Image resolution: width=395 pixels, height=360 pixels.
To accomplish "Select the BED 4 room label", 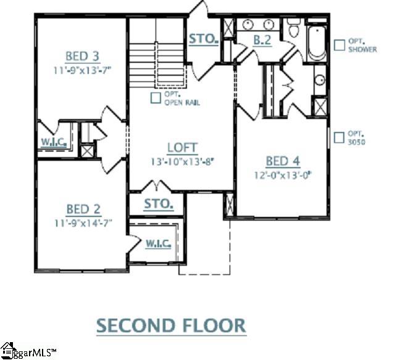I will point(283,162).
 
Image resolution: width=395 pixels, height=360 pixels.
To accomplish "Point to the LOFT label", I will point(182,148).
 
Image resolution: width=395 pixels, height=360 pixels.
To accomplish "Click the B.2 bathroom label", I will point(262,41).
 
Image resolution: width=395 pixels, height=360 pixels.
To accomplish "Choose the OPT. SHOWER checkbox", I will point(339,44).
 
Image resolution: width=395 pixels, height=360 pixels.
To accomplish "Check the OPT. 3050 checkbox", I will point(339,137).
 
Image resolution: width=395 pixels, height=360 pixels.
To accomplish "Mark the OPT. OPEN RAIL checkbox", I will point(156,97).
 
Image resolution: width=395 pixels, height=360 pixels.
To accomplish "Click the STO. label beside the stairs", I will point(204,39).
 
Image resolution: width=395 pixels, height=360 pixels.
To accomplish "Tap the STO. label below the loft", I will point(158,203).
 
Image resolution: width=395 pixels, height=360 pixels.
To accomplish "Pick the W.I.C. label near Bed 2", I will point(159,243).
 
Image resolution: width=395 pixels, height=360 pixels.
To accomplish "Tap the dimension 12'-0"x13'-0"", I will point(282,174).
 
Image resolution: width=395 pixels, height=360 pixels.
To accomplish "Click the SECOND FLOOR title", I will point(171,324).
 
